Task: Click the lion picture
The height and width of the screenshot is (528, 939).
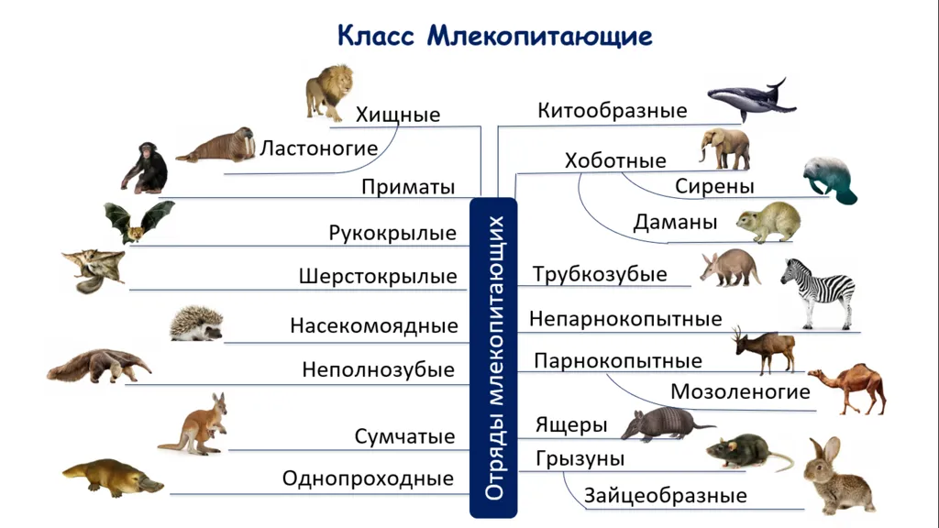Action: click(329, 93)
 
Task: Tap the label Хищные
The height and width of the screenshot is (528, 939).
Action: click(398, 115)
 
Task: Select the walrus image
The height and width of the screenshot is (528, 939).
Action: click(216, 145)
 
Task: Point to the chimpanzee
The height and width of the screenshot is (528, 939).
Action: click(144, 168)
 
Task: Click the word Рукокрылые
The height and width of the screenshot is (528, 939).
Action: click(392, 232)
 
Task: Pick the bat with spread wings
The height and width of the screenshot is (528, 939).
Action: click(139, 222)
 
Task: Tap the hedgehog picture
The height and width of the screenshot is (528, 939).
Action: click(196, 324)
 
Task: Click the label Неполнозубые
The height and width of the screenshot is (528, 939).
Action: click(378, 369)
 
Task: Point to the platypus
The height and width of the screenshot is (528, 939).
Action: click(113, 477)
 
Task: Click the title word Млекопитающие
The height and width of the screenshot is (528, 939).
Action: click(539, 36)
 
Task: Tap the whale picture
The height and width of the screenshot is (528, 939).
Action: click(752, 98)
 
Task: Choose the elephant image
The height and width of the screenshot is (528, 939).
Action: click(724, 148)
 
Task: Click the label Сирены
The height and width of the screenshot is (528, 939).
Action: click(714, 186)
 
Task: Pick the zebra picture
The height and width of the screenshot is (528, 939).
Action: click(818, 293)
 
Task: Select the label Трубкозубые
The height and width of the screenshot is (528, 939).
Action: click(600, 274)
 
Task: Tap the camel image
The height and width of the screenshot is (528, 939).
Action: click(847, 389)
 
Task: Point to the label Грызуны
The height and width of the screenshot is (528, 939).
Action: click(580, 458)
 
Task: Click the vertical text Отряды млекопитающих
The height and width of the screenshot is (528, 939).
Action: click(494, 357)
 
